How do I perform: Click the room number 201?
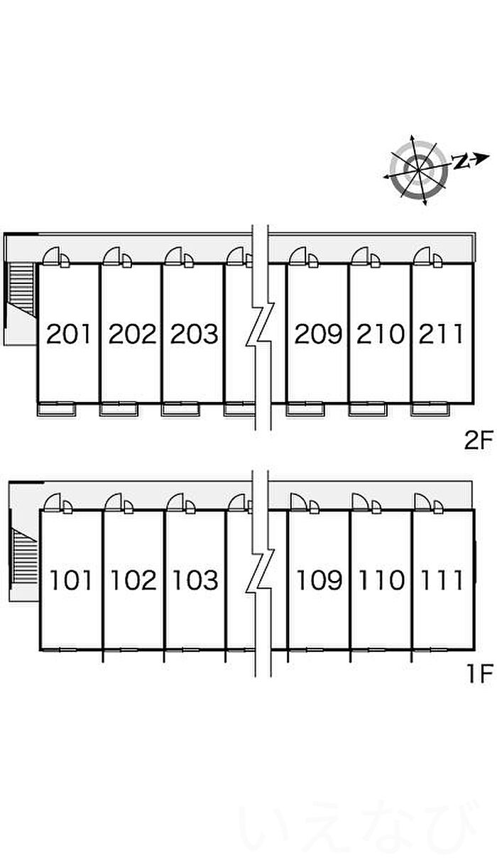(x=69, y=334)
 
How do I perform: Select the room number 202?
(x=133, y=334)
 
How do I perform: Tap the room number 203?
(x=194, y=334)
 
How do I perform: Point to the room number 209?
(x=318, y=334)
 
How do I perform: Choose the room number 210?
(x=381, y=334)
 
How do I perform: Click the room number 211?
(x=441, y=334)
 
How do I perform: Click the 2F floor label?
(x=477, y=440)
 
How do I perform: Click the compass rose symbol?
(x=418, y=170)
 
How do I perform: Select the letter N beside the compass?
(x=461, y=161)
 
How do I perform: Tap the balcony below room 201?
(x=56, y=408)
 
